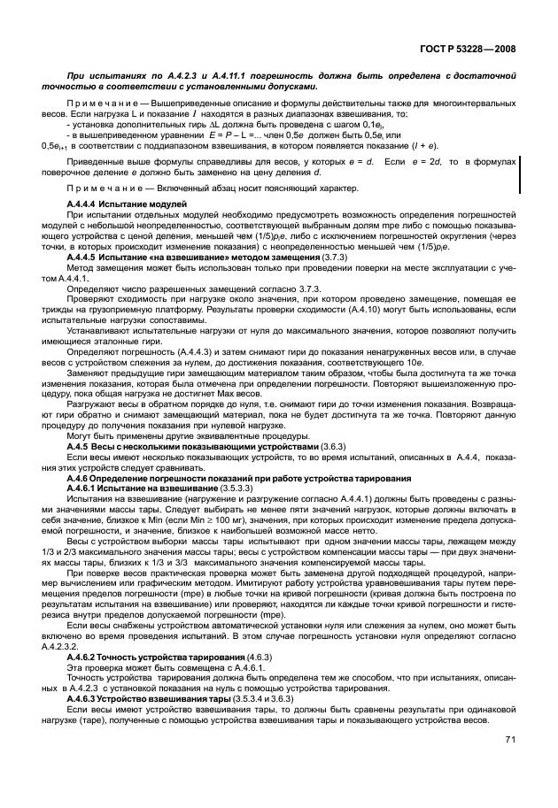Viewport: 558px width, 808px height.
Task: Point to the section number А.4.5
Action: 80,448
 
